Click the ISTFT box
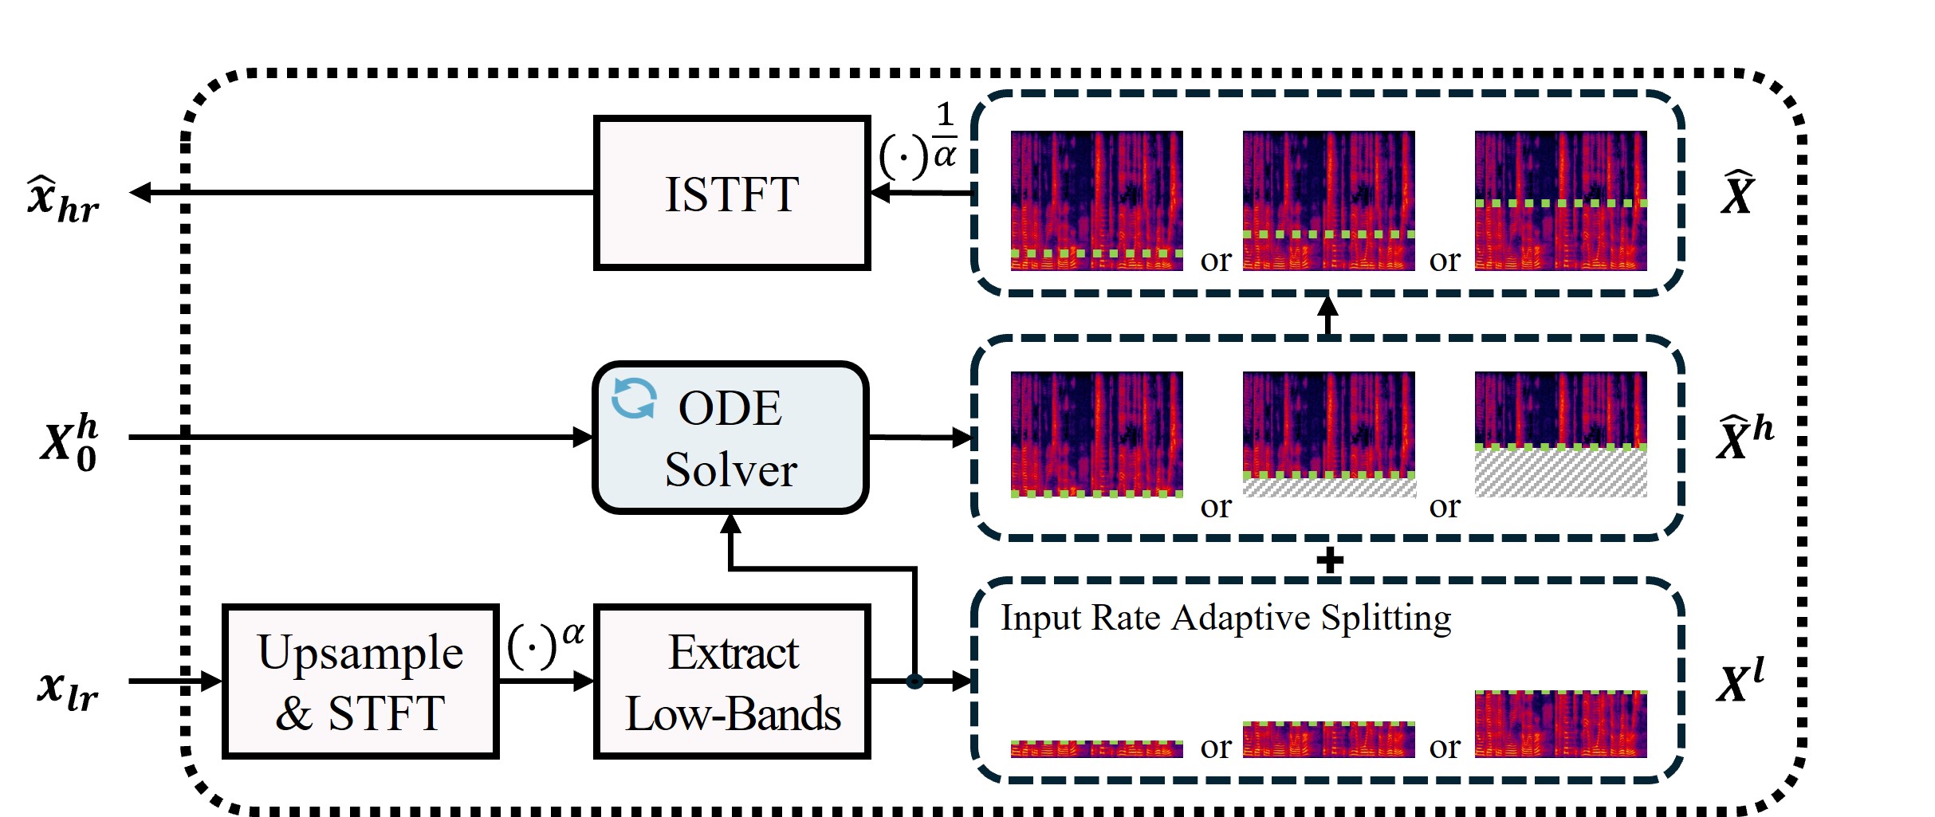(x=731, y=193)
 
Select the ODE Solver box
(x=731, y=438)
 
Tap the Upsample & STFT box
(x=360, y=681)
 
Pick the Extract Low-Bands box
(x=731, y=681)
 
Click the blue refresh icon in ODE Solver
(x=634, y=398)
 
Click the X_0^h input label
(x=69, y=443)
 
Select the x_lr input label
(x=68, y=689)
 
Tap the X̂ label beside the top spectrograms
(x=1738, y=194)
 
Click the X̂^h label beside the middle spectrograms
(x=1744, y=438)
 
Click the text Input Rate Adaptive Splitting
(x=1226, y=618)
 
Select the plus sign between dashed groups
(x=1329, y=560)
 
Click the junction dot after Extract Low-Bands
(x=914, y=681)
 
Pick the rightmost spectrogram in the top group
(x=1560, y=200)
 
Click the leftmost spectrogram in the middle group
(x=1096, y=434)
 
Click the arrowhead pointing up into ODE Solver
(x=730, y=524)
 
